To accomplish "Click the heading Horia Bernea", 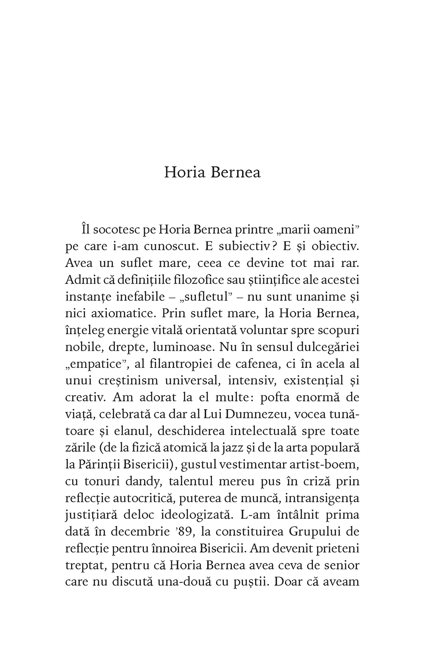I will [212, 172].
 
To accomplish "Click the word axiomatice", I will [117, 313].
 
